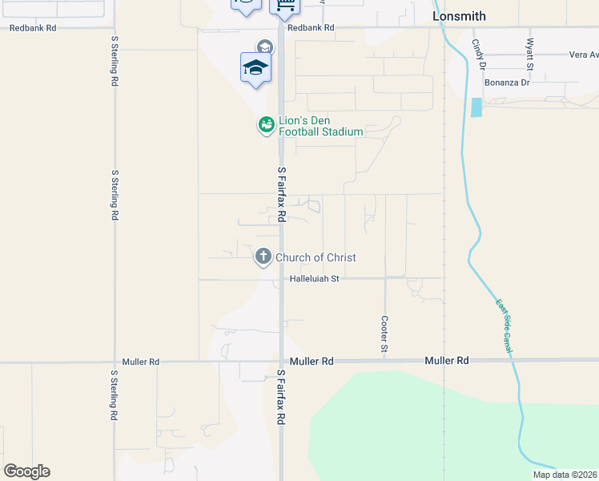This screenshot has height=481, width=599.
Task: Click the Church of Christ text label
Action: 316,257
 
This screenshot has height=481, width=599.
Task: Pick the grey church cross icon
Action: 263,257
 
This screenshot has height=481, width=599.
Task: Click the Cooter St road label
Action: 384,334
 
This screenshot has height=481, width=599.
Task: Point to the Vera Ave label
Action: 583,55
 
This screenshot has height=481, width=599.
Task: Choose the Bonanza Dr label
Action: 507,83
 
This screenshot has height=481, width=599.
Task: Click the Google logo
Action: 26,471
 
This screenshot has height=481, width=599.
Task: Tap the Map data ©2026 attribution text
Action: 565,475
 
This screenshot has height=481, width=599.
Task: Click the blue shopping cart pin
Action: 284,6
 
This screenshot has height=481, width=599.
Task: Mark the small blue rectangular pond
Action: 477,107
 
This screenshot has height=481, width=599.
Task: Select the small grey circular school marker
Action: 264,46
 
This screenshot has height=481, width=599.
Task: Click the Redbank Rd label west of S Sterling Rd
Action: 33,27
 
